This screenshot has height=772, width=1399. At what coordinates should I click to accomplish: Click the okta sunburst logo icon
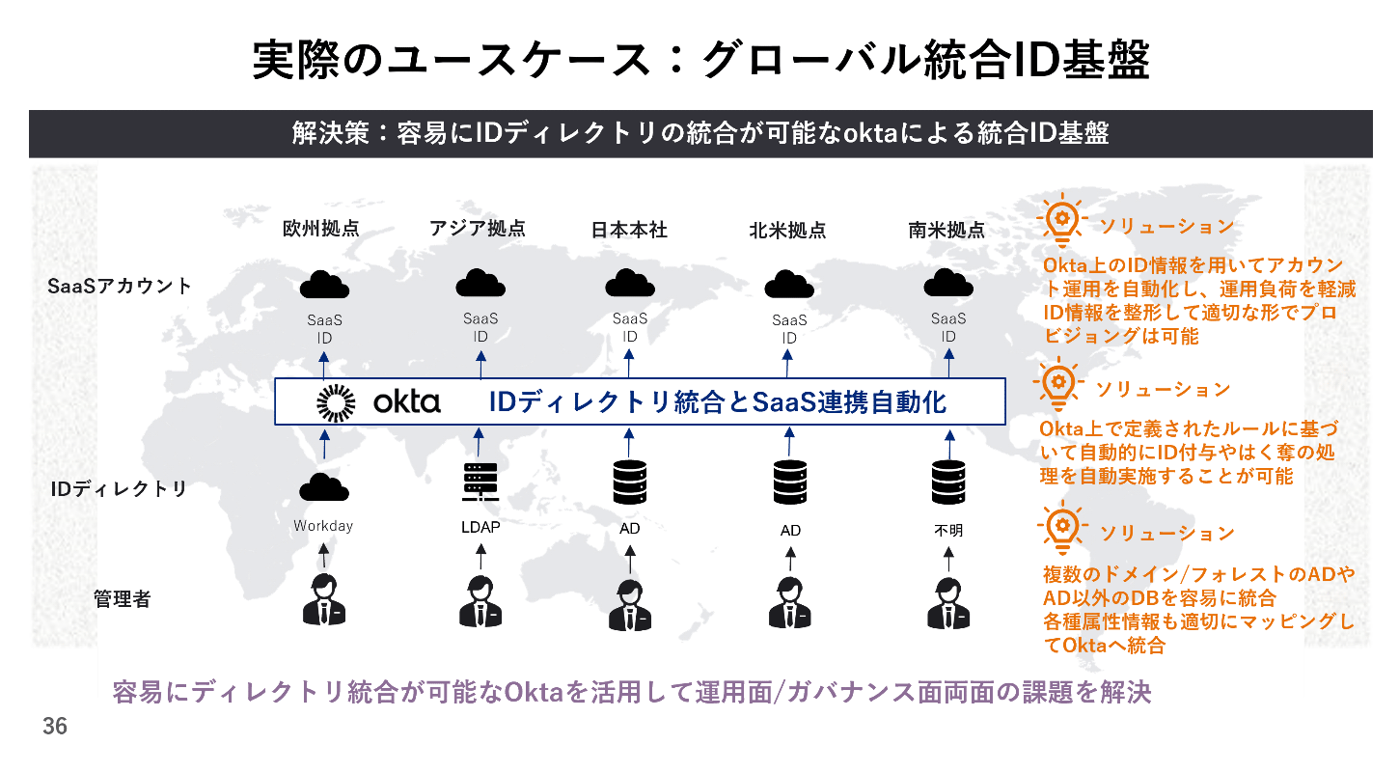tap(336, 402)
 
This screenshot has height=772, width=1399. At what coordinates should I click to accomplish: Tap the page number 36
tap(55, 727)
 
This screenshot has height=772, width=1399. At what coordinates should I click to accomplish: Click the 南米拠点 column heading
tap(946, 230)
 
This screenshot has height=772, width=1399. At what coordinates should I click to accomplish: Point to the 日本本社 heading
tap(629, 230)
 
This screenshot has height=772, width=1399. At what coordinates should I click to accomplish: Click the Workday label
tap(323, 526)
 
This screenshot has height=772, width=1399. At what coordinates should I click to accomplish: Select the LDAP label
tap(480, 527)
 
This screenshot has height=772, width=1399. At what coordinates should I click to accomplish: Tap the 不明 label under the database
tap(947, 530)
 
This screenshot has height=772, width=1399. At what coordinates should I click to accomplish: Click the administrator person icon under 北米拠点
tap(789, 603)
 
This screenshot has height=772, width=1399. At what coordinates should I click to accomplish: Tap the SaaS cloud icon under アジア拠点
tap(480, 283)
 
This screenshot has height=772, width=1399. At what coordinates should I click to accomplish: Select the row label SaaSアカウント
tap(120, 286)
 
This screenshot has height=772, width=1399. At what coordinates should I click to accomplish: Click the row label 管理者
tap(122, 599)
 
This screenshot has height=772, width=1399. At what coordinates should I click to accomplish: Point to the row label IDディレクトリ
tap(119, 488)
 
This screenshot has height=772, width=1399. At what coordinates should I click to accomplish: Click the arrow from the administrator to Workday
tap(324, 554)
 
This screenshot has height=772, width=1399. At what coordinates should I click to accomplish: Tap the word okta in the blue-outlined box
tap(405, 402)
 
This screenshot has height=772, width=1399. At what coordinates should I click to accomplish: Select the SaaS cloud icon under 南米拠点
tap(947, 284)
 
